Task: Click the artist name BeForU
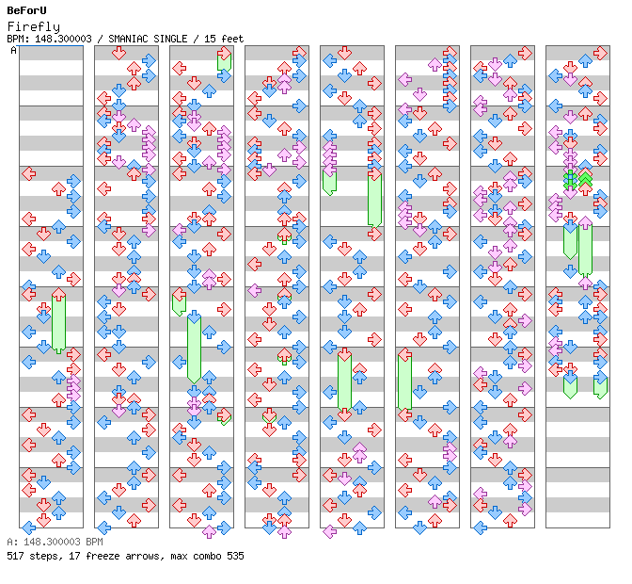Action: tap(26, 10)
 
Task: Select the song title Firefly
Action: tap(34, 26)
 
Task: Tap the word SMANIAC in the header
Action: tap(128, 39)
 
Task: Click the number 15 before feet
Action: tap(210, 39)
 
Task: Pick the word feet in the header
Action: tap(232, 39)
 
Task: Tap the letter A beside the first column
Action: tap(14, 51)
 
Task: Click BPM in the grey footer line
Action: tap(94, 542)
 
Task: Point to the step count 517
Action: tap(15, 556)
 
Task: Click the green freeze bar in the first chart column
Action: tap(59, 323)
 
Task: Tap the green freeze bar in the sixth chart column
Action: tap(404, 382)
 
